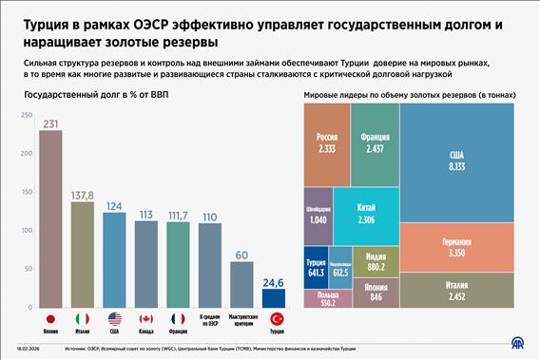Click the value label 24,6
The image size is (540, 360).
274,282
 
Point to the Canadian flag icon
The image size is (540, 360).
146,319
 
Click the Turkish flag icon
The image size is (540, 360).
277,319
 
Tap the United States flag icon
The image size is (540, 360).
115,319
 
